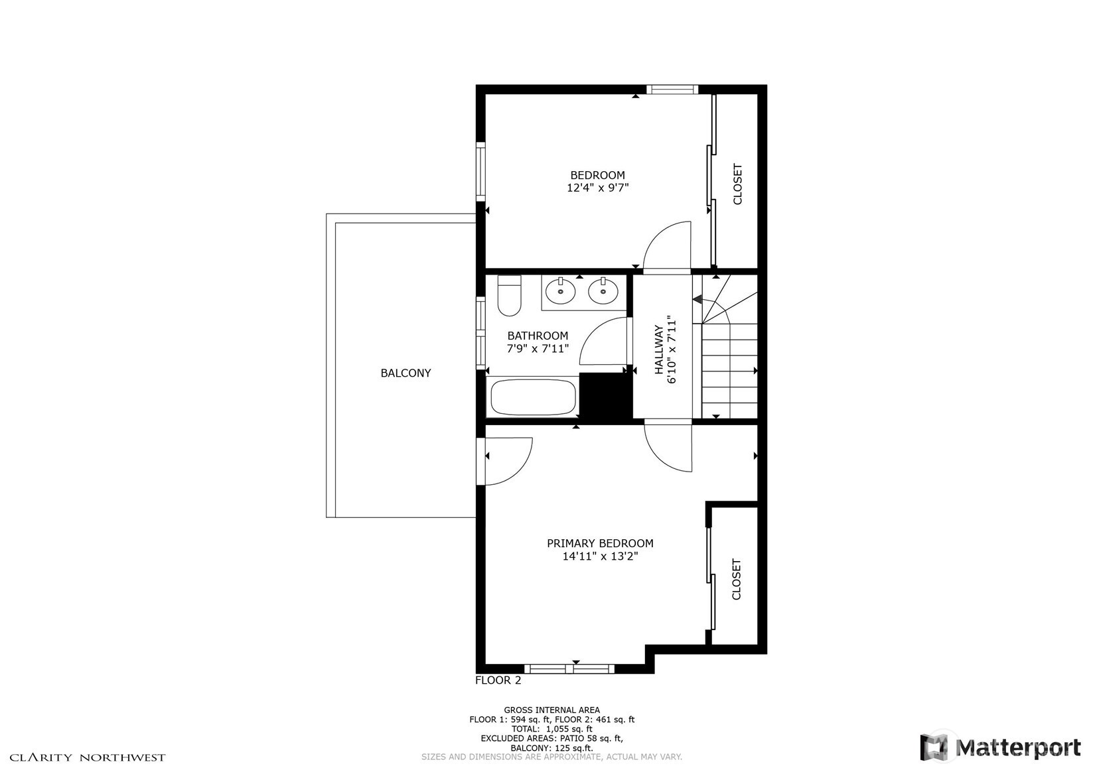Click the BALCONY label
point(405,373)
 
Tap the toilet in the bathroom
point(509,296)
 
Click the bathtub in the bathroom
point(532,397)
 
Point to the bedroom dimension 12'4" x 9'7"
point(597,188)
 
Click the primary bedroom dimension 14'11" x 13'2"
point(600,556)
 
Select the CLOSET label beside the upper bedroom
point(737,184)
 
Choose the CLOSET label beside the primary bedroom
point(736,579)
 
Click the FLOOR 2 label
point(498,680)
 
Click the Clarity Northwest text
point(87,757)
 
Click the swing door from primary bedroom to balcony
point(508,461)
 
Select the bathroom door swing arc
point(603,341)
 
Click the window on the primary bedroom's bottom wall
point(569,669)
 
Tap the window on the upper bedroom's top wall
point(672,90)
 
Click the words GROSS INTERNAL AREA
point(551,710)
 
